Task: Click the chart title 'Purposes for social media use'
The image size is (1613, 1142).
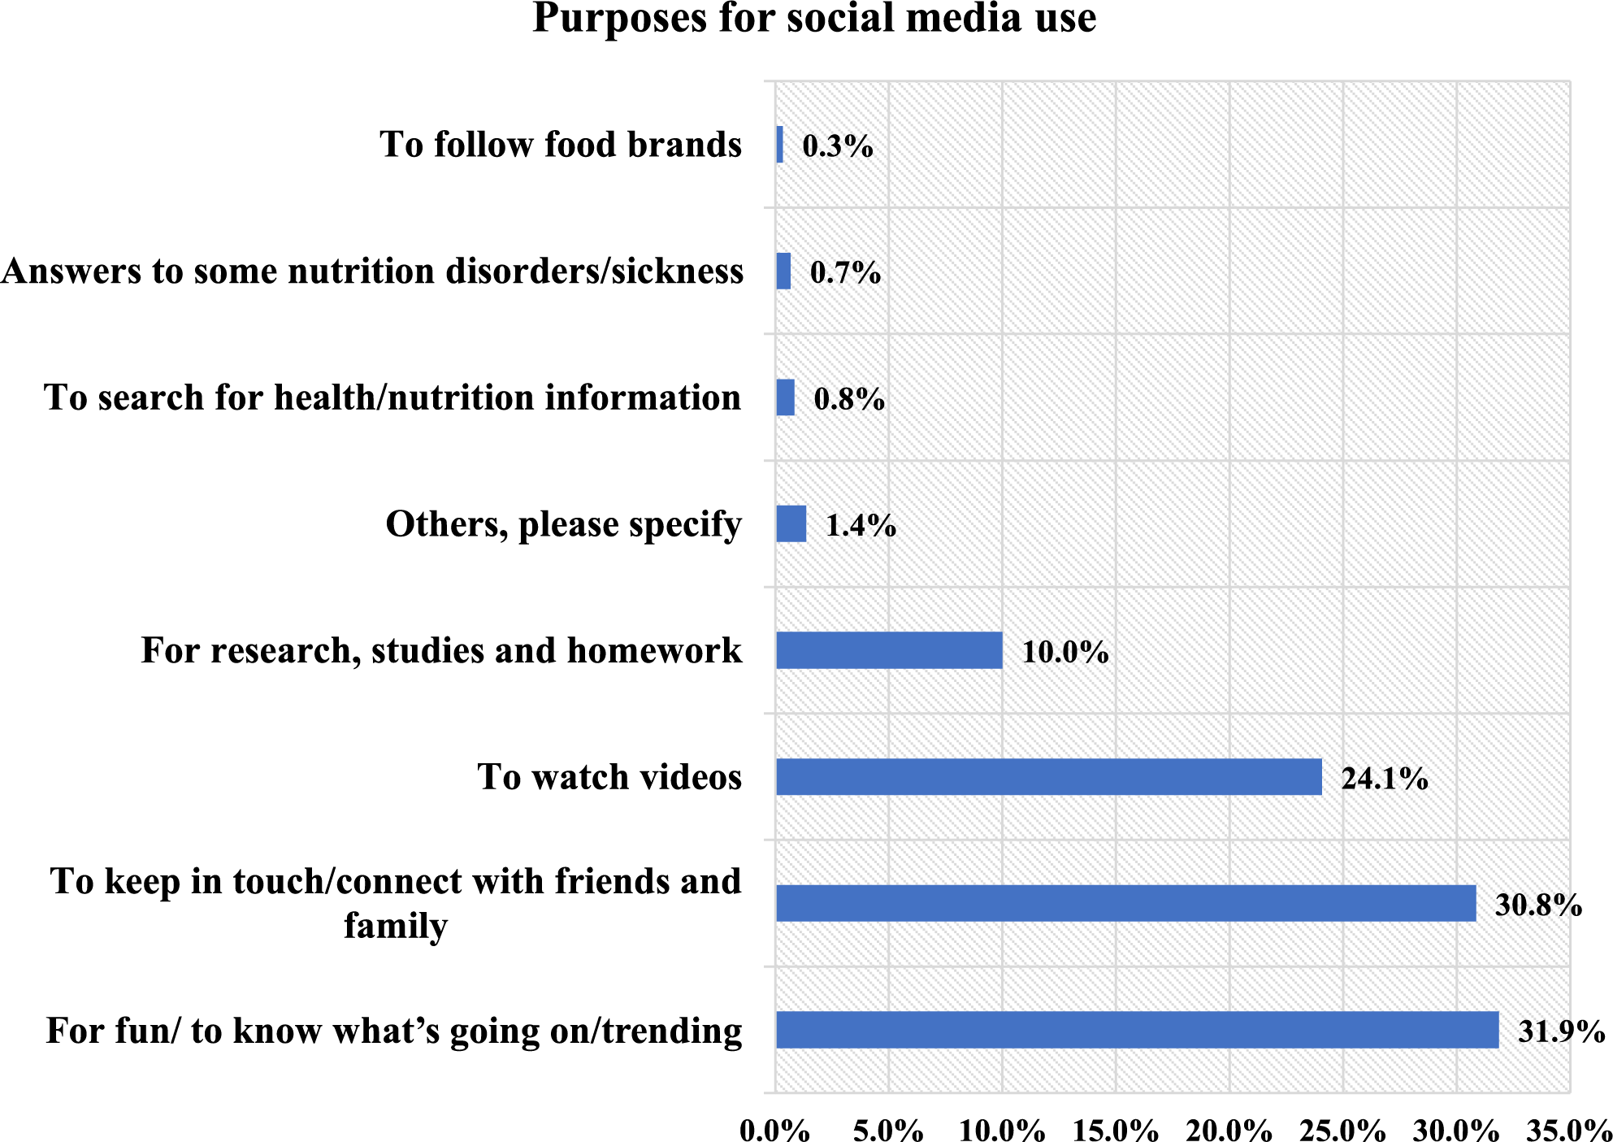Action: (814, 18)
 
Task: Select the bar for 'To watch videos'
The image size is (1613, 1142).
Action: (1048, 777)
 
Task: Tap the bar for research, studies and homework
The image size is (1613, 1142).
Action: (889, 650)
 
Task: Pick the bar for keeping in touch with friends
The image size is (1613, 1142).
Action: (1125, 903)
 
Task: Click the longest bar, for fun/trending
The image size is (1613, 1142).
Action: (1137, 1030)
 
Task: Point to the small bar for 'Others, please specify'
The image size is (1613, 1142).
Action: (791, 524)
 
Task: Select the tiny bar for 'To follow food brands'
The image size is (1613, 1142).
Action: (780, 145)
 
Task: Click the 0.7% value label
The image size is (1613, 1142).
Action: (845, 272)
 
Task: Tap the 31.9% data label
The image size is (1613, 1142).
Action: (1561, 1031)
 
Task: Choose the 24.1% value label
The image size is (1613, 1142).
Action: (1384, 779)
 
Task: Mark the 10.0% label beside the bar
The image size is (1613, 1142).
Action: (1064, 652)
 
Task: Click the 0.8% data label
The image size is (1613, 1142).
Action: (849, 399)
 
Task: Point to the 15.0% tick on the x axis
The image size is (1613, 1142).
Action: (1115, 1130)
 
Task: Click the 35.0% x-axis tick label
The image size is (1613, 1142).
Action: (1568, 1130)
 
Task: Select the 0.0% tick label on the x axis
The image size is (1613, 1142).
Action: (774, 1130)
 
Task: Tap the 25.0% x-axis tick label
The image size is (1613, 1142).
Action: (1342, 1130)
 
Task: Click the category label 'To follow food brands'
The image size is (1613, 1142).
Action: (561, 145)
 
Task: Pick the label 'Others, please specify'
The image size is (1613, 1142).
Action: (563, 524)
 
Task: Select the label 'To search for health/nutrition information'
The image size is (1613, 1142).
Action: (392, 397)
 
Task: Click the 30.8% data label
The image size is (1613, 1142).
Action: (1538, 905)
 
